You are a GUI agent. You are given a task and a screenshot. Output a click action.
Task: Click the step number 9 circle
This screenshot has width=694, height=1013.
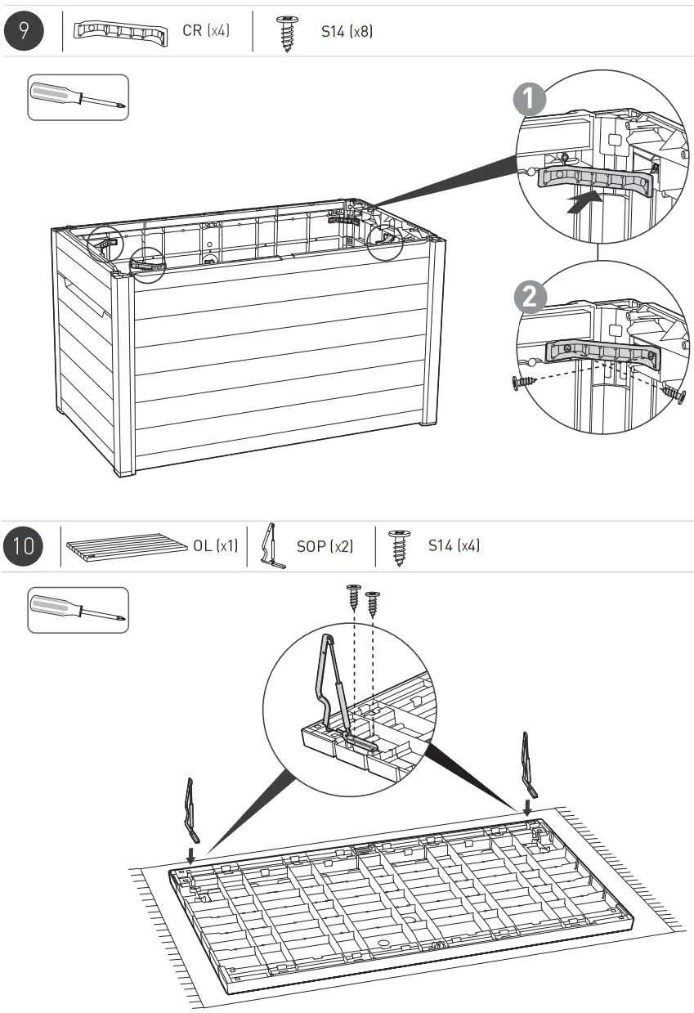coord(25,33)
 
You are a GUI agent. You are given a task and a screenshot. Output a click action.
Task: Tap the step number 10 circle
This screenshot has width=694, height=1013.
coord(25,545)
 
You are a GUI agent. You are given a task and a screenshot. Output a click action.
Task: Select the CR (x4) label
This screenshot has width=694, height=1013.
coord(205,33)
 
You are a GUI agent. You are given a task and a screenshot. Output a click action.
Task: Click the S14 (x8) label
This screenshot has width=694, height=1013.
coord(347,33)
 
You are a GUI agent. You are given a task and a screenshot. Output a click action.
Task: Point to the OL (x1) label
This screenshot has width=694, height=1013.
coord(215,545)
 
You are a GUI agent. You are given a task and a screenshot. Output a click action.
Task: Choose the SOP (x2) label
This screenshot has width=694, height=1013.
coord(325,545)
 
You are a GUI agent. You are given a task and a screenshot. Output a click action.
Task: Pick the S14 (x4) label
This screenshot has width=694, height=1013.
coord(454,545)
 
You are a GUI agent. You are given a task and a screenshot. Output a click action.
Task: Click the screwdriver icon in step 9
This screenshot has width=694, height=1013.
coord(78,97)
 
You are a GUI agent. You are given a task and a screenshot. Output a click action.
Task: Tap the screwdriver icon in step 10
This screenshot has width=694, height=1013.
coord(78,610)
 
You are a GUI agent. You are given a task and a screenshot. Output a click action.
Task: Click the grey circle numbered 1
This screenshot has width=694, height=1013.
coord(531,100)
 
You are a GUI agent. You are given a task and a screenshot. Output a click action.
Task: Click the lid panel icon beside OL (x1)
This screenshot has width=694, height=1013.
coord(127,546)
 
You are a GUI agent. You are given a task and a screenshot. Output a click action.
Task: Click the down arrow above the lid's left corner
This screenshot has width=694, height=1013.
coord(190,855)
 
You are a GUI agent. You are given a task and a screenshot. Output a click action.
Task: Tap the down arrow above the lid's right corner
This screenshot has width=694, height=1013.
coord(527,807)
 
